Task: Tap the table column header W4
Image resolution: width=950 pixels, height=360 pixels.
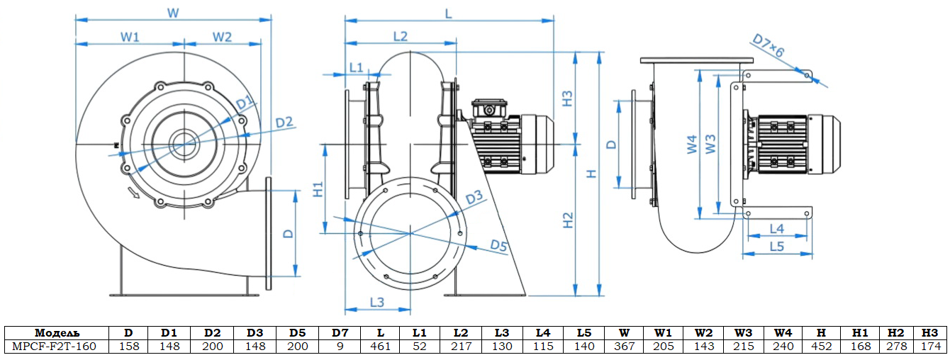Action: (783, 332)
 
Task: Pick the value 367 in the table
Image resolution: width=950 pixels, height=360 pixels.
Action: (624, 347)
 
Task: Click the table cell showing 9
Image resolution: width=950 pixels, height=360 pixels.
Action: (340, 347)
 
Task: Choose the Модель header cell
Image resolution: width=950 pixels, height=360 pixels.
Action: (57, 332)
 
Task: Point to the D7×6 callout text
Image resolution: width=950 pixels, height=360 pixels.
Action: (768, 48)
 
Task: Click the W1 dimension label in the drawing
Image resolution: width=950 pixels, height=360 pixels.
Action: (129, 37)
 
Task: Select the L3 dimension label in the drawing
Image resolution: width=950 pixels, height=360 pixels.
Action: (376, 302)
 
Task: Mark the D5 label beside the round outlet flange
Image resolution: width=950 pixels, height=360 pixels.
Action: (499, 246)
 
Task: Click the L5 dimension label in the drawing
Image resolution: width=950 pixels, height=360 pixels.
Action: (777, 247)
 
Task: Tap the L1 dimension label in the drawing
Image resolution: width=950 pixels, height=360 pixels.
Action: (356, 67)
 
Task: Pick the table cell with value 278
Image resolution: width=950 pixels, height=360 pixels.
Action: (896, 347)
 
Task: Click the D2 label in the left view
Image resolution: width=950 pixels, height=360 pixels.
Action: (284, 123)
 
